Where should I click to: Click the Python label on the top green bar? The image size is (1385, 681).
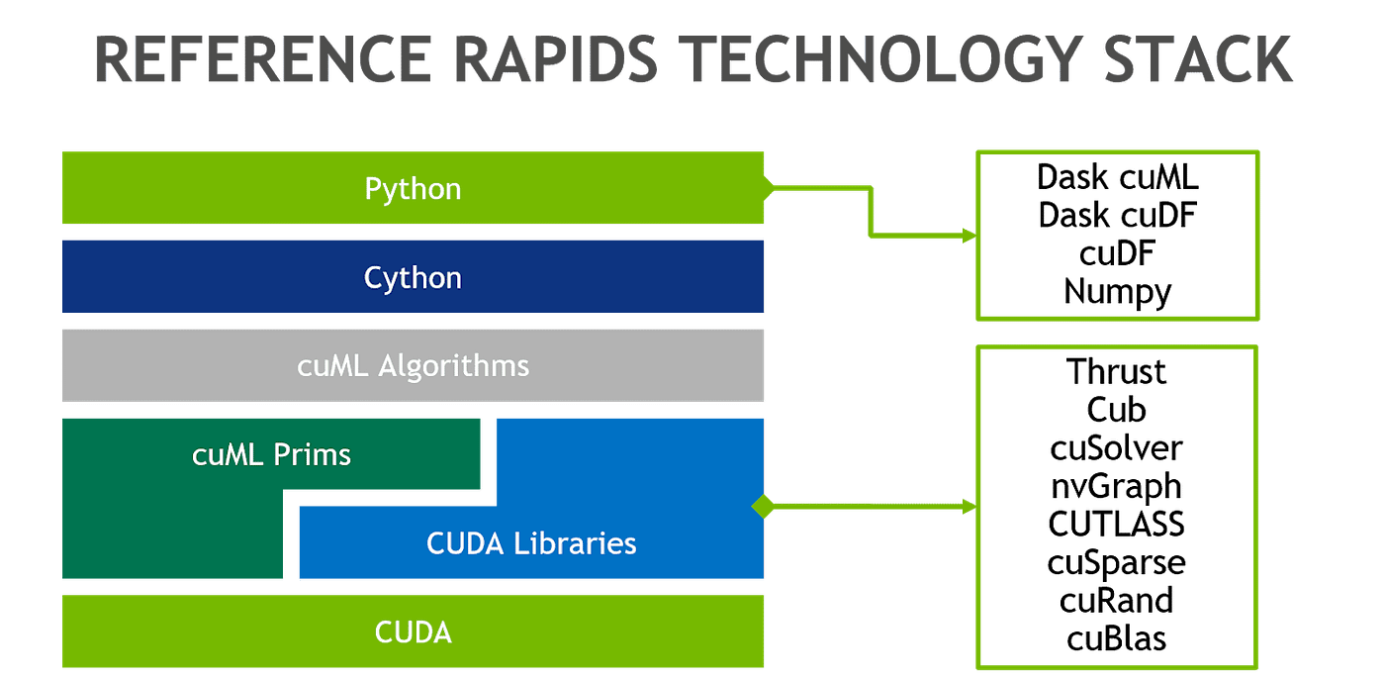click(413, 188)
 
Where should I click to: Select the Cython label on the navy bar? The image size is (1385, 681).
click(413, 277)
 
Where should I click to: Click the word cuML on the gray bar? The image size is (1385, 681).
click(333, 366)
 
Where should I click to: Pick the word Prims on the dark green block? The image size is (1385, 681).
click(316, 454)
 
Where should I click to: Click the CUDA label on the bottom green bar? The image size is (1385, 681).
click(413, 632)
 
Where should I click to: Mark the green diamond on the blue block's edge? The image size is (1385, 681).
click(763, 506)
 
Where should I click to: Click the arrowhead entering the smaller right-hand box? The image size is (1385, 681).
click(969, 236)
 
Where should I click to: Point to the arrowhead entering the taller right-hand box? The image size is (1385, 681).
click(969, 507)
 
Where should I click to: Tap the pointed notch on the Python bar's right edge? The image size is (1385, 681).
click(768, 185)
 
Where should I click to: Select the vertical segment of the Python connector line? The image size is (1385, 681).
click(871, 211)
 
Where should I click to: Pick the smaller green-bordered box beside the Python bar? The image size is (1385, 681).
click(1117, 236)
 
